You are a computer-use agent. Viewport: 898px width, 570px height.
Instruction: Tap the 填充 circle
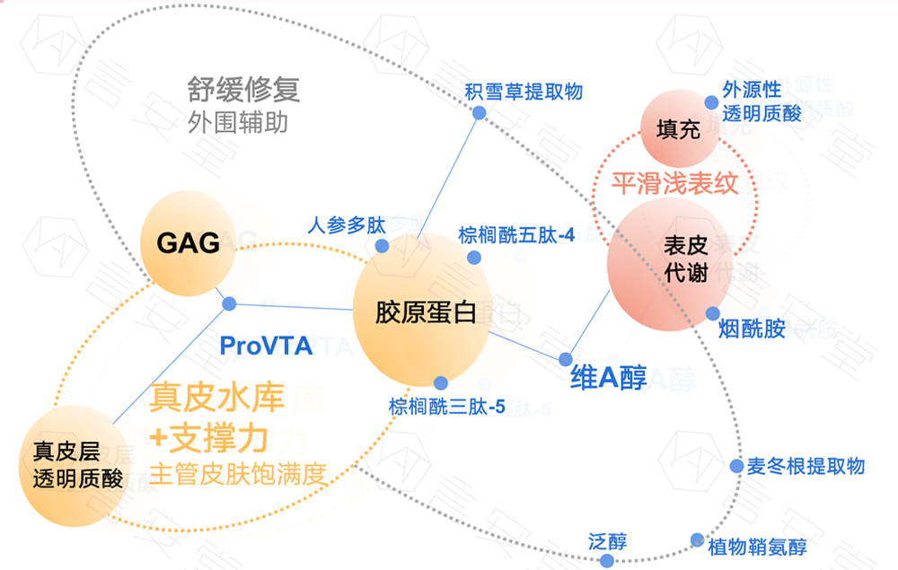click(677, 130)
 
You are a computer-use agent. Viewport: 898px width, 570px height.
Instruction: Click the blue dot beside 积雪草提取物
click(480, 113)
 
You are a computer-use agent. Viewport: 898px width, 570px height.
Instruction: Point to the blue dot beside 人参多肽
click(382, 246)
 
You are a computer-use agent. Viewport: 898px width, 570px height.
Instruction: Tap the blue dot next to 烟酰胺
click(712, 313)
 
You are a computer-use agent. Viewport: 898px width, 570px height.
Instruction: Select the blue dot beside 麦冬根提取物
click(736, 467)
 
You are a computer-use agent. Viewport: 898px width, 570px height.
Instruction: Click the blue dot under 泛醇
click(606, 560)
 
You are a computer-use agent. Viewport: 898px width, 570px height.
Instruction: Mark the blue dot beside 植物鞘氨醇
click(698, 540)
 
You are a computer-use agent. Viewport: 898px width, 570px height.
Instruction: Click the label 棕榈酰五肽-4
click(516, 235)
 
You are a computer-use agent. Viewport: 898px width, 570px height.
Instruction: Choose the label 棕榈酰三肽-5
click(447, 407)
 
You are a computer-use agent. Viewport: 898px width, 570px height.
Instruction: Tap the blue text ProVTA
click(266, 346)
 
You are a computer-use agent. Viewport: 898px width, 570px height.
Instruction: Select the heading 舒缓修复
click(242, 90)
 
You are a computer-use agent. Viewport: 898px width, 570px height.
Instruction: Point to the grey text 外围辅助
click(238, 122)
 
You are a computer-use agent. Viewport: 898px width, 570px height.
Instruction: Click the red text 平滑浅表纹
click(674, 184)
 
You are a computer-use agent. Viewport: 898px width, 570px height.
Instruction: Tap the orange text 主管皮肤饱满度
click(237, 473)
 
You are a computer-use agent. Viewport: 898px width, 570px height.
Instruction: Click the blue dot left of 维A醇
click(566, 358)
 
